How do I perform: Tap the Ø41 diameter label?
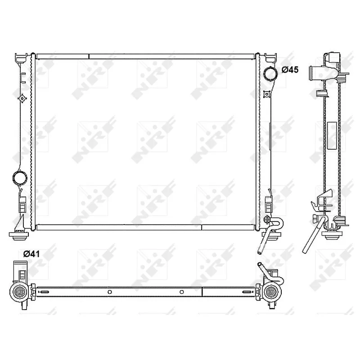pos(32,254)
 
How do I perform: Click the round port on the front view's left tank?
pos(20,177)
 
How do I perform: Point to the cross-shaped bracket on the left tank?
pos(21,97)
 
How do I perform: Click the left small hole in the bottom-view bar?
pos(109,292)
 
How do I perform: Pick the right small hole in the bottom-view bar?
pos(182,292)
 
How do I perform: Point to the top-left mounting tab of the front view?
pos(20,57)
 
